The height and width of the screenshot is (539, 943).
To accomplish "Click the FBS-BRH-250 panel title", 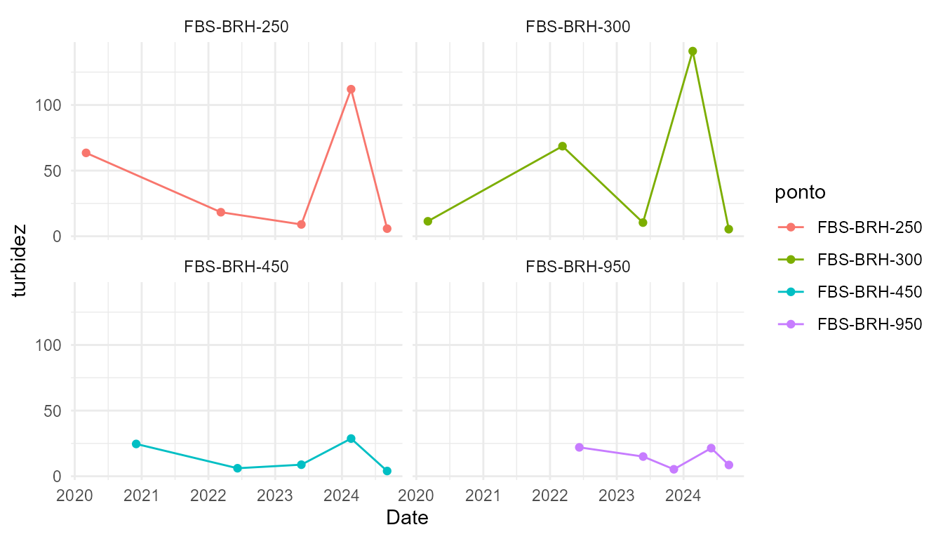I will click(x=236, y=27).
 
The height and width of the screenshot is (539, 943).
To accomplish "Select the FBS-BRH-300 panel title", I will click(x=577, y=27).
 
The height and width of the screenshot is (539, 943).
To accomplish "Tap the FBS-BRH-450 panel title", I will click(x=236, y=267).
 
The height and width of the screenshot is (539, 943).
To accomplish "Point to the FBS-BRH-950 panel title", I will click(x=577, y=267).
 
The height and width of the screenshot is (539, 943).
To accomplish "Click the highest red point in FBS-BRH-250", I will click(x=351, y=89).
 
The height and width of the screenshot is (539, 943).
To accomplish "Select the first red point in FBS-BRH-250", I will click(x=86, y=152).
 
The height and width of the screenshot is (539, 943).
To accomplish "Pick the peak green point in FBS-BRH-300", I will click(x=693, y=51).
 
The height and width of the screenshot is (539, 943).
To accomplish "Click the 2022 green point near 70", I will click(x=562, y=146).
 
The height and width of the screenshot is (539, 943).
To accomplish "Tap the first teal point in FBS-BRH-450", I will click(x=136, y=444).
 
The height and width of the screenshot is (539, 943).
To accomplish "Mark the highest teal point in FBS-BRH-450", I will click(x=351, y=439).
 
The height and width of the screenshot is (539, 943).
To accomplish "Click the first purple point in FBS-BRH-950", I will click(x=579, y=447).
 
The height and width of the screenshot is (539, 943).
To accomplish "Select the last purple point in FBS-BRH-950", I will click(x=729, y=465).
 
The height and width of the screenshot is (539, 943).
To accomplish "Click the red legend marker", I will click(x=791, y=227).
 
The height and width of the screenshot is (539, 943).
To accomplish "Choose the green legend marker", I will click(x=791, y=259).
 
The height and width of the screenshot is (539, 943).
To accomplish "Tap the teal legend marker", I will click(x=791, y=291).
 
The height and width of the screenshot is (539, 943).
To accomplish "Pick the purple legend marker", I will click(x=791, y=324).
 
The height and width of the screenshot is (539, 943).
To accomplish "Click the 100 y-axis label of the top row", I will click(x=50, y=105).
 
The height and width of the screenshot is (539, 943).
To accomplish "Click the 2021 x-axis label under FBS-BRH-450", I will click(x=141, y=496).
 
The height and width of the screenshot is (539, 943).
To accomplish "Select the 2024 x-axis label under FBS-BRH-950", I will click(x=683, y=496).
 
